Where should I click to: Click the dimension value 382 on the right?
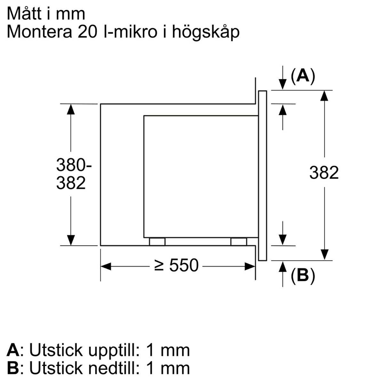coord(324,173)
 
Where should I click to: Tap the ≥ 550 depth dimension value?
coord(176,266)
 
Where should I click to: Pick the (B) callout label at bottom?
coord(303,276)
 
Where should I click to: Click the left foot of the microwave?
coord(157,242)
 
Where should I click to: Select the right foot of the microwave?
coord(239,242)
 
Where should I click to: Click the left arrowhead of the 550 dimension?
coord(106,266)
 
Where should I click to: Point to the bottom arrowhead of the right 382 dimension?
coord(324,254)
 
